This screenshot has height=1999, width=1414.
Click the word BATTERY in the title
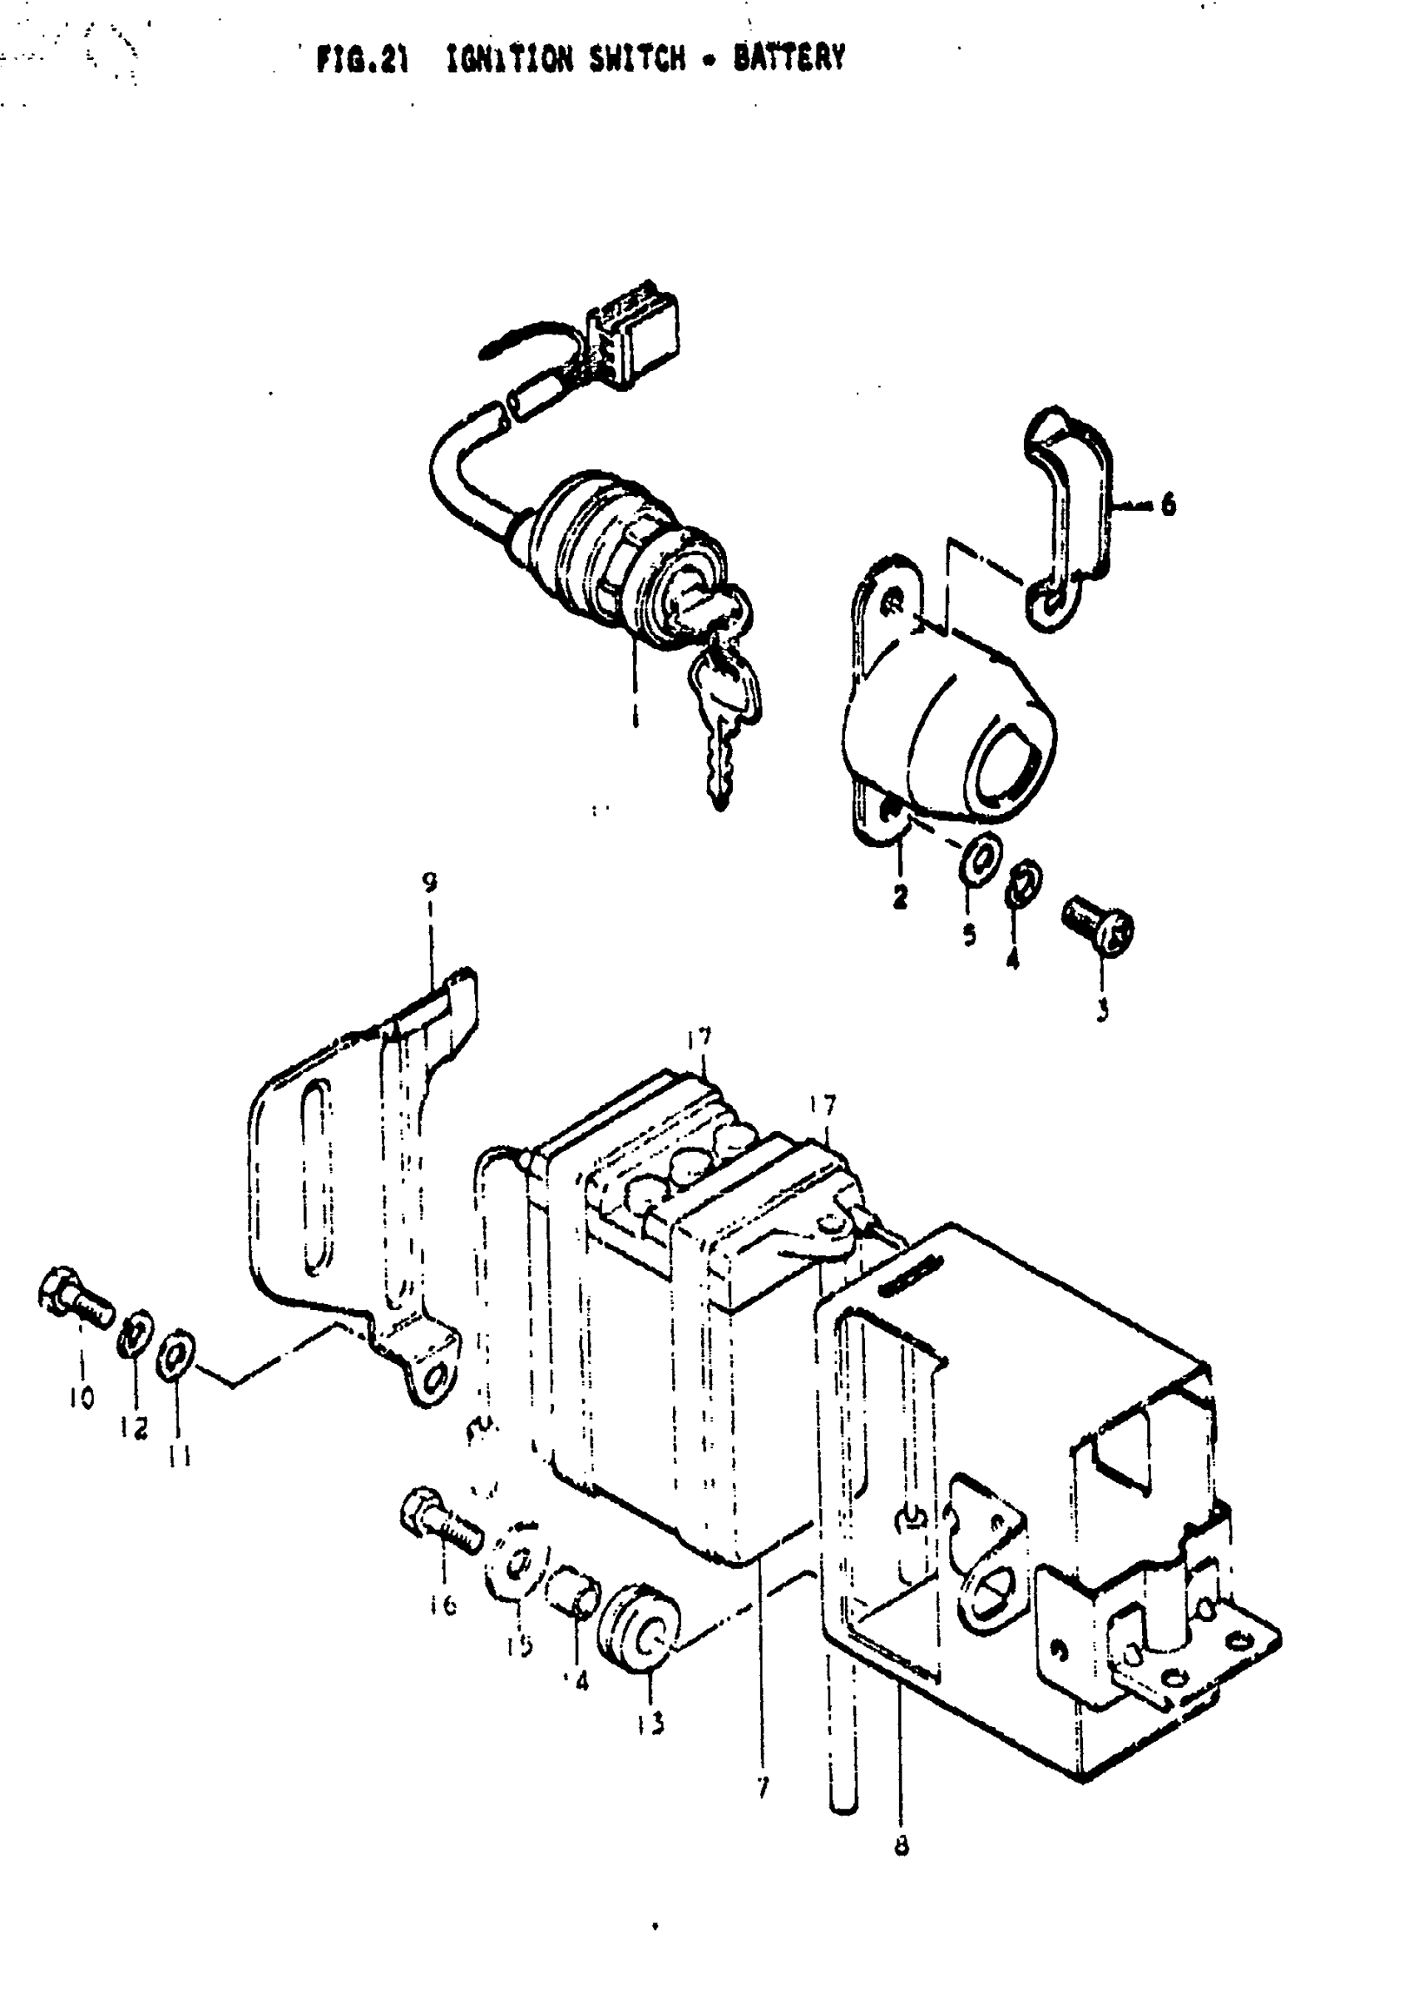pos(789,58)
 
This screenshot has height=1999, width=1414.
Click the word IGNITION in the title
pos(509,59)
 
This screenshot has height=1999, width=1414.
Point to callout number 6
pos(1168,503)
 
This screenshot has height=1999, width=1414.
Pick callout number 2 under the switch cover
pos(899,895)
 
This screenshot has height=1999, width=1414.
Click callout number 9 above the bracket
pos(429,882)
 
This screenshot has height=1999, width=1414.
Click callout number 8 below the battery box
pos(901,1844)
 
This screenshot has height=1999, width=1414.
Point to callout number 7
pos(763,1788)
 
